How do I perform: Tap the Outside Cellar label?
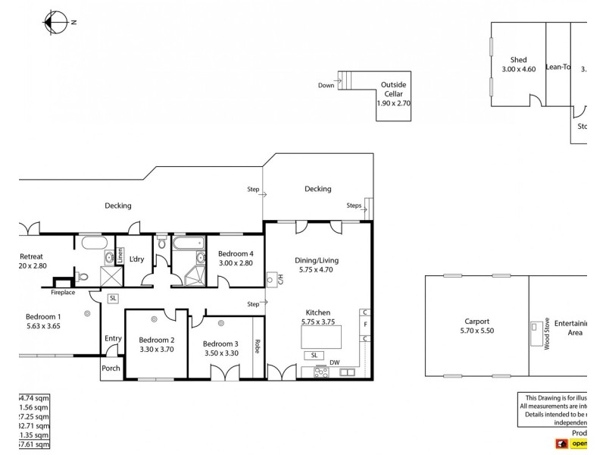click(393, 89)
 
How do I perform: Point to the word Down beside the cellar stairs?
click(326, 86)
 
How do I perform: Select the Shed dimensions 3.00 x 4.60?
click(518, 70)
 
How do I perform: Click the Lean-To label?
click(558, 67)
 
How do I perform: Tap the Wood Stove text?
click(545, 334)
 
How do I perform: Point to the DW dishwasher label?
click(334, 362)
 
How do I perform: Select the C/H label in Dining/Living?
click(280, 279)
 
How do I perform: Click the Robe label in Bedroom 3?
click(258, 347)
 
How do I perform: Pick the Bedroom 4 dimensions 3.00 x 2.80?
click(235, 263)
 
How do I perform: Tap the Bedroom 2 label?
click(157, 340)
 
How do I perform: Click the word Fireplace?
click(64, 292)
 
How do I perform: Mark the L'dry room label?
click(136, 259)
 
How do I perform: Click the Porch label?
click(111, 369)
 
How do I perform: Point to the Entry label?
click(113, 338)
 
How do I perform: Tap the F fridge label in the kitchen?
click(364, 325)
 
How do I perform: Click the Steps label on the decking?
click(354, 205)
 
